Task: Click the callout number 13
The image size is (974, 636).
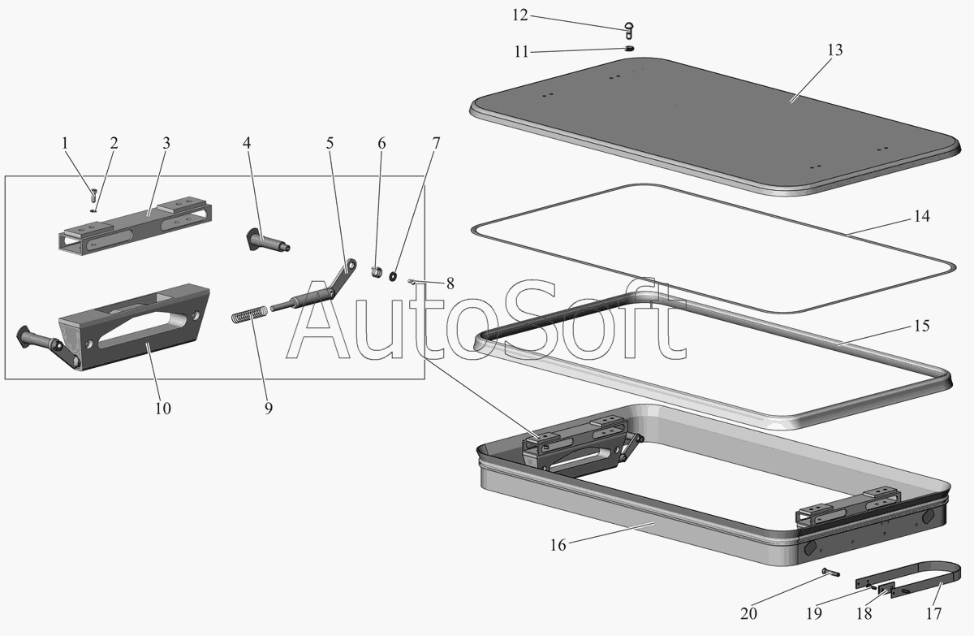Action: tap(835, 50)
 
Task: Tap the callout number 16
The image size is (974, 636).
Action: tap(558, 545)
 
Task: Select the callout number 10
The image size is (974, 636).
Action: tap(162, 408)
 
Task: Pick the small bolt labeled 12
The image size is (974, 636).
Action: tap(630, 31)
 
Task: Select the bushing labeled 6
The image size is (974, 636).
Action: tap(377, 270)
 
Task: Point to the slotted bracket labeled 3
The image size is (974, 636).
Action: tap(134, 227)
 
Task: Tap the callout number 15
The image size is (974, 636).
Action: tap(921, 327)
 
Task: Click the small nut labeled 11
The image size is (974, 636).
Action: tap(629, 50)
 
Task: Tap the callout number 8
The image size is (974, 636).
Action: tap(450, 284)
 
